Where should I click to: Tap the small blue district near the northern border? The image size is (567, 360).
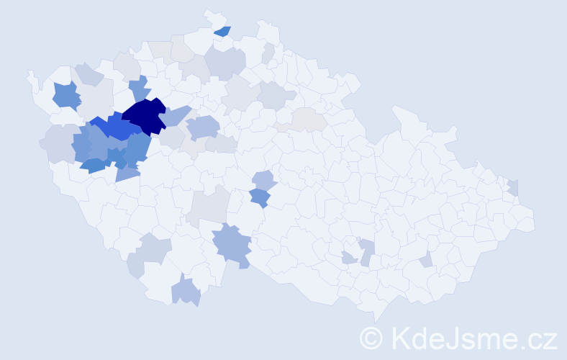(x=222, y=31)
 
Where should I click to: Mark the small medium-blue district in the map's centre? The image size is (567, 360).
(x=260, y=197)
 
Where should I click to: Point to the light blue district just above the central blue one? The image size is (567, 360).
(x=264, y=180)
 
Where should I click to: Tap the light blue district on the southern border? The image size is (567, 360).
(x=186, y=292)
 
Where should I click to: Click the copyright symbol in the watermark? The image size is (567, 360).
(x=371, y=338)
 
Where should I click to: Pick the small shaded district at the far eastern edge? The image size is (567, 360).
(x=513, y=187)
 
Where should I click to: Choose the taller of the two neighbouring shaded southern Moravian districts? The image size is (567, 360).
(x=366, y=251)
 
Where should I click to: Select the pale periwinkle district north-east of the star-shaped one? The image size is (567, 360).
(x=89, y=73)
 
